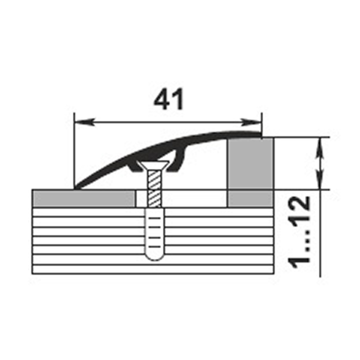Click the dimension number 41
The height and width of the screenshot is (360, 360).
[x=169, y=99]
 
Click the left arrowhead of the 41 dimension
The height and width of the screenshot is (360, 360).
[x=84, y=122]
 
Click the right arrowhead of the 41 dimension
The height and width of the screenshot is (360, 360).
[x=251, y=122]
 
